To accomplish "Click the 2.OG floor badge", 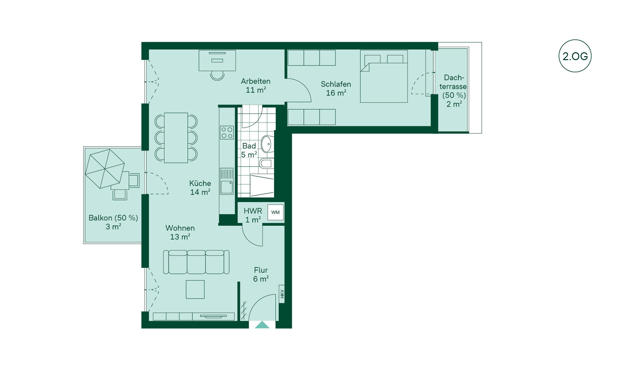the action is (575, 56).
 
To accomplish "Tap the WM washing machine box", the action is (275, 212).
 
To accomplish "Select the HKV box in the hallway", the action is (282, 294).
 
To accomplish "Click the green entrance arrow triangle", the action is (262, 325).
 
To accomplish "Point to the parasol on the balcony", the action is (105, 169).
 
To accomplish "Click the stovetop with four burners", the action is (227, 132).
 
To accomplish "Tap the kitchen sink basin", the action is (227, 187).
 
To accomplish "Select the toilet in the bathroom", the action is (266, 163).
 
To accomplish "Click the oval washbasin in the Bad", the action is (267, 144).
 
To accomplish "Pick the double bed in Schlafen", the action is (384, 76).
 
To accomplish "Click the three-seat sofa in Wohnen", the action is (196, 262).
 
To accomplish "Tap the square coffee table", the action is (195, 289).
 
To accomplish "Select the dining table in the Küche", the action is (176, 138).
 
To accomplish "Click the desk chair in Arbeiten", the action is (217, 75).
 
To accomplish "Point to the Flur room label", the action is (261, 274).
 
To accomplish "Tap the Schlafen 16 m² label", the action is (336, 88).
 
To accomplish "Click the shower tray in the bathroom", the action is (262, 186).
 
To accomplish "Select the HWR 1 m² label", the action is (253, 215).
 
